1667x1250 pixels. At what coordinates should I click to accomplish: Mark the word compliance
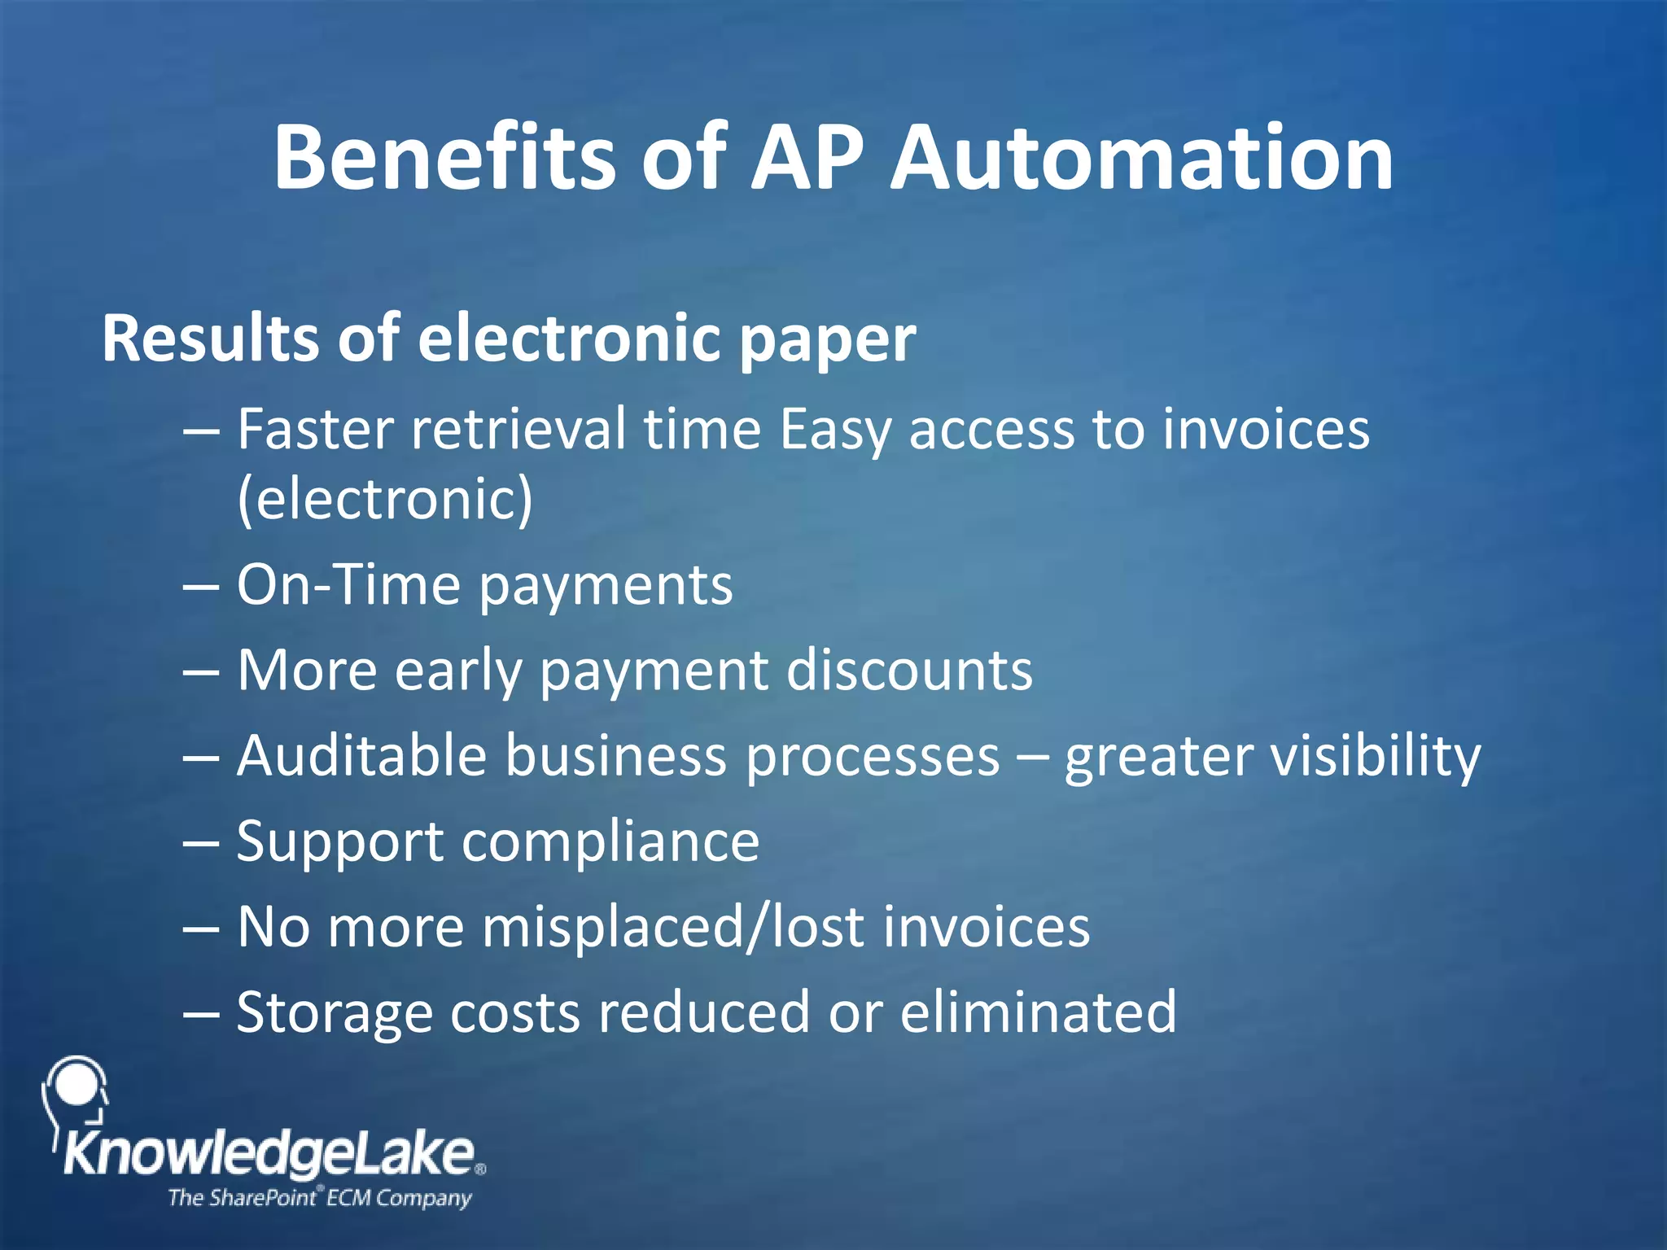pos(610,842)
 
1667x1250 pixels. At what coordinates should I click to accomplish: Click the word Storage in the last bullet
pos(334,1013)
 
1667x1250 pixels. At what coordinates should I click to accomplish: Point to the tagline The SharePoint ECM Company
pos(319,1198)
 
